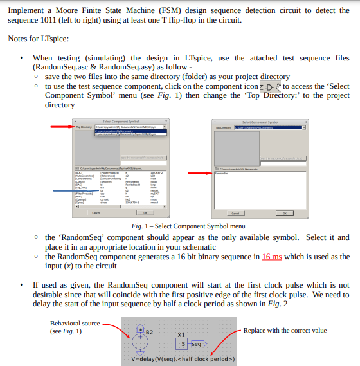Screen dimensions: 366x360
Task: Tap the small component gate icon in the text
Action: pyautogui.click(x=269, y=86)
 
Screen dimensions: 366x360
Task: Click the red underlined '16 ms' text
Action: pyautogui.click(x=272, y=256)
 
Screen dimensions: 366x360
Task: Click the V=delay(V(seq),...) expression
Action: pyautogui.click(x=183, y=359)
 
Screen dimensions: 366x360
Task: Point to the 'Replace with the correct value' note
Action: pyautogui.click(x=285, y=330)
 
